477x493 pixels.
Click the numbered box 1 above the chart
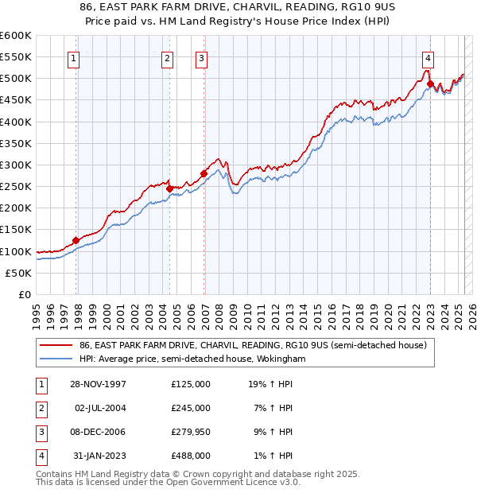pos(73,58)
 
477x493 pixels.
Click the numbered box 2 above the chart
pos(167,58)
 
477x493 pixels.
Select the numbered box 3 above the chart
pos(201,58)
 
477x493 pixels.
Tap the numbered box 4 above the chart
pos(428,58)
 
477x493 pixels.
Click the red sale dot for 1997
pos(76,240)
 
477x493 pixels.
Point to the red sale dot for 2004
pos(169,188)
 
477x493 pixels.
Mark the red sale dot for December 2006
pos(204,173)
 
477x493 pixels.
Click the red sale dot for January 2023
pos(430,83)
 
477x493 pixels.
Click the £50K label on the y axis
pos(19,273)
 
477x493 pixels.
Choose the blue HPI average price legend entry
pos(192,359)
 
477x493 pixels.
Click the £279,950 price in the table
pos(191,432)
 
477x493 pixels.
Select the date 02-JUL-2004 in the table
pos(99,408)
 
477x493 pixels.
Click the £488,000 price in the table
pos(191,456)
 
